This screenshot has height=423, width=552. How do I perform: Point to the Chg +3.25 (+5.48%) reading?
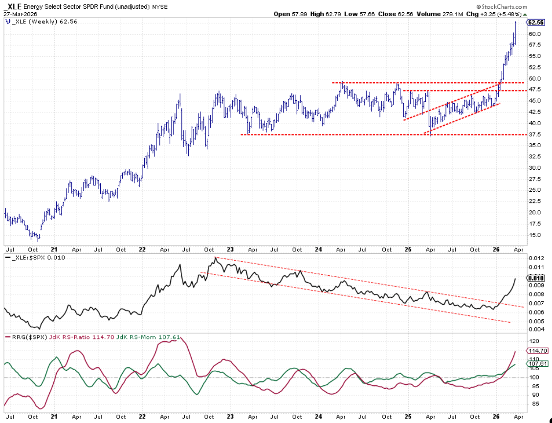tap(492, 14)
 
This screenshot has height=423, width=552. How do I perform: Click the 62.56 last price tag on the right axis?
tap(535, 22)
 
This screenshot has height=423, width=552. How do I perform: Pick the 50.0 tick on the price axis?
tap(534, 78)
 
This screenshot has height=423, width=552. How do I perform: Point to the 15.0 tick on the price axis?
tap(534, 235)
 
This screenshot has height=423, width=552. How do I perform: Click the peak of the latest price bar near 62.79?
tap(515, 22)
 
